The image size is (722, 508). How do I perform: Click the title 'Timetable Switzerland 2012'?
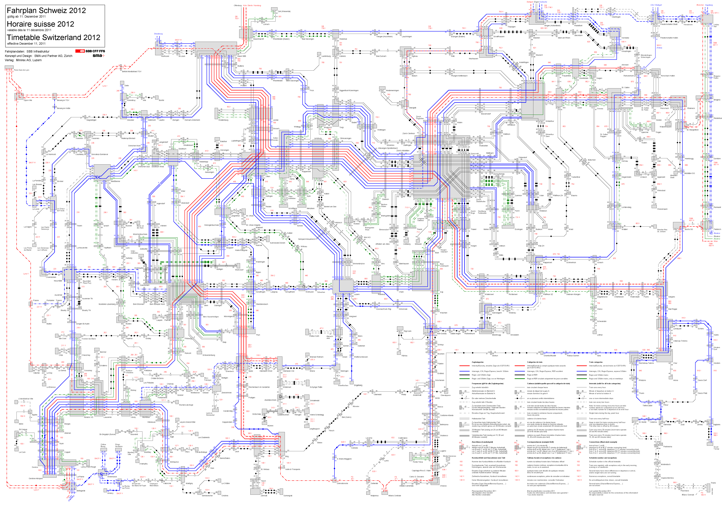pos(53,37)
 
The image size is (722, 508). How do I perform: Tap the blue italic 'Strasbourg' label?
pos(158,34)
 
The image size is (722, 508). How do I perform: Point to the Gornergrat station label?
pos(288,496)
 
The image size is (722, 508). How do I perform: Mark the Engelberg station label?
pos(358,385)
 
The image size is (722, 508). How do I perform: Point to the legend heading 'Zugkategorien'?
pos(477,362)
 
